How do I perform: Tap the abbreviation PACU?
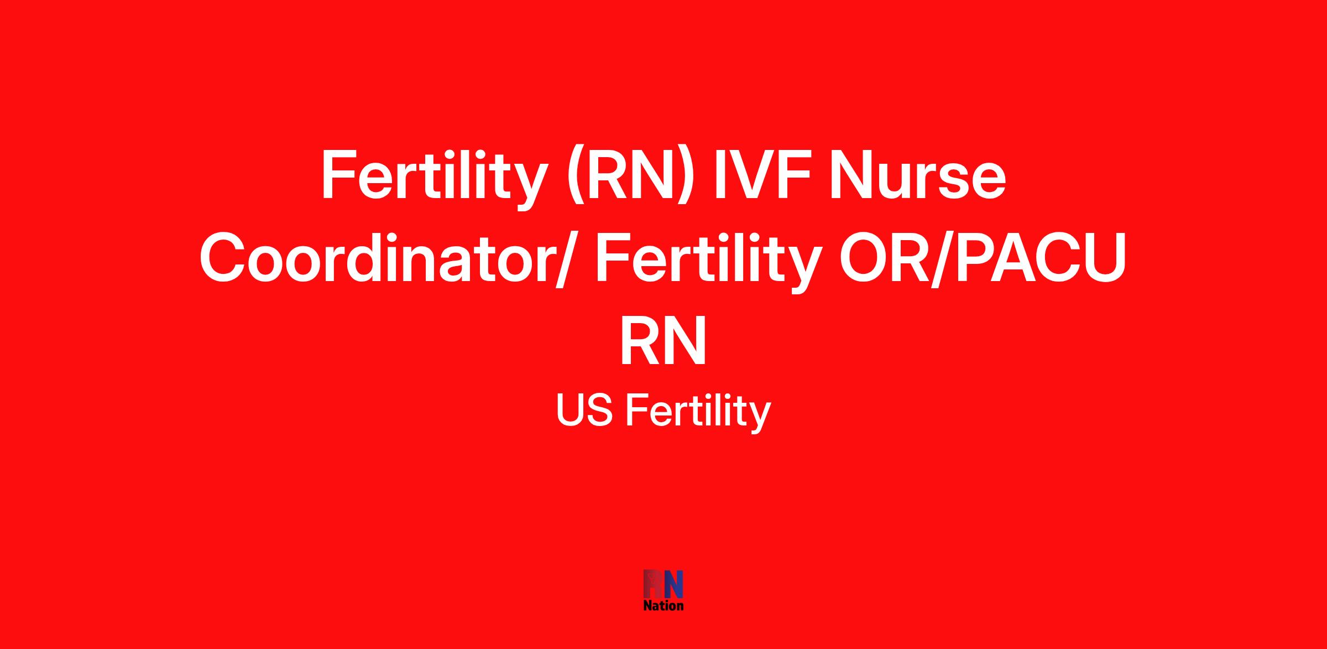click(x=1040, y=257)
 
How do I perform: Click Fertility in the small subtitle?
click(x=698, y=413)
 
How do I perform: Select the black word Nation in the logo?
click(x=663, y=606)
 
